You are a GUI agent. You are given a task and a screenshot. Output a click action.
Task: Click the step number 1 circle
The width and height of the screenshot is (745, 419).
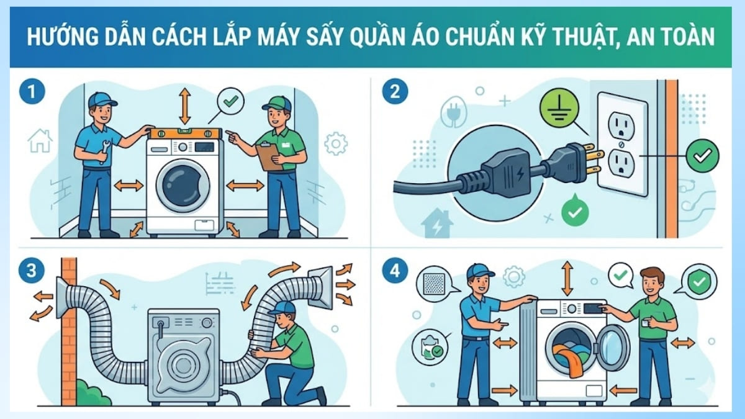tap(32, 91)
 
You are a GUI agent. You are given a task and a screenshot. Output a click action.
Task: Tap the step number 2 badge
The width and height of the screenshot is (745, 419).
tap(395, 91)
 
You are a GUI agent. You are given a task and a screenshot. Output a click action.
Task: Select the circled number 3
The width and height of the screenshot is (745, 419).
tap(31, 271)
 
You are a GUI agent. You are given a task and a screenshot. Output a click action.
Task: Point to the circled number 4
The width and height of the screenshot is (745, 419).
tap(395, 271)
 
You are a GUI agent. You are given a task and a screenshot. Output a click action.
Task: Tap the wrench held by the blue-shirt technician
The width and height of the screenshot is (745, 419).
tap(104, 151)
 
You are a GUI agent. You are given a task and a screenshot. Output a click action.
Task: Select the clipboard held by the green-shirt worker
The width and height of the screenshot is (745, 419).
tap(269, 156)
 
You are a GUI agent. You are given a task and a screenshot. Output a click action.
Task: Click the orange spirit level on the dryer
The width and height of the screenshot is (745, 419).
tap(186, 133)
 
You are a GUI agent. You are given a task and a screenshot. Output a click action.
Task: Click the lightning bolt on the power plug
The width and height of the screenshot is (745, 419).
tap(519, 174)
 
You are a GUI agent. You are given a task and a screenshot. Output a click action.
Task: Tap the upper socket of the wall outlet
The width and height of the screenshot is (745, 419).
tap(621, 125)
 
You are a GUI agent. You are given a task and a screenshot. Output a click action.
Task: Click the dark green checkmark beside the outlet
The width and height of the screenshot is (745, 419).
tap(702, 156)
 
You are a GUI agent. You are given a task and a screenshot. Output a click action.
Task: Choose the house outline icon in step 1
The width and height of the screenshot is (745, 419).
tap(40, 140)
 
